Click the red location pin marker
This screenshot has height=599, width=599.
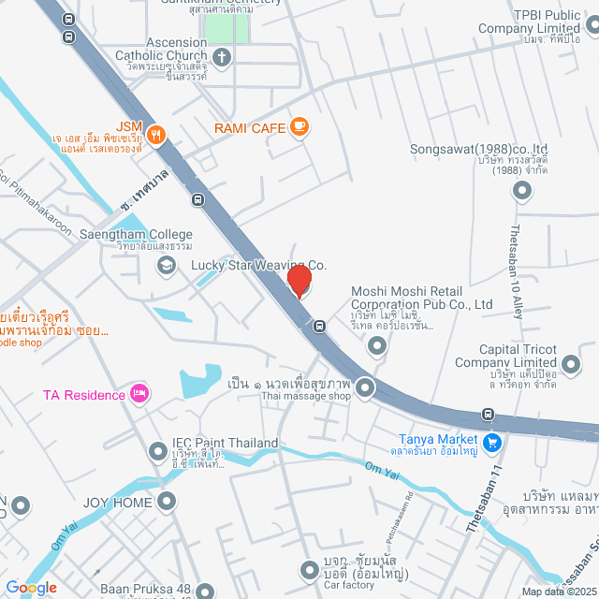[x=299, y=281]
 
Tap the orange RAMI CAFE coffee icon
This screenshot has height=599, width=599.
[x=299, y=125]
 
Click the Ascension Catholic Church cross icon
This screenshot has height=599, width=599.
[x=223, y=59]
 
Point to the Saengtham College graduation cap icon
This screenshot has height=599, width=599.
[x=166, y=266]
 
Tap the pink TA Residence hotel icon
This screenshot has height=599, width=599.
[x=139, y=394]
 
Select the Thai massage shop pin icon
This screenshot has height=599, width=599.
[x=365, y=387]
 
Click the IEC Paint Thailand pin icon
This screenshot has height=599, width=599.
[x=157, y=453]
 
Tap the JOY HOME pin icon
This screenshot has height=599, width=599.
[x=167, y=503]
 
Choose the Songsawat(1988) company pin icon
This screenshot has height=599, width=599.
[x=522, y=191]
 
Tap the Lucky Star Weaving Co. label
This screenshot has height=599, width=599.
[x=258, y=266]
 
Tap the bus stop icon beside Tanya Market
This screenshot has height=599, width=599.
[x=487, y=415]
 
